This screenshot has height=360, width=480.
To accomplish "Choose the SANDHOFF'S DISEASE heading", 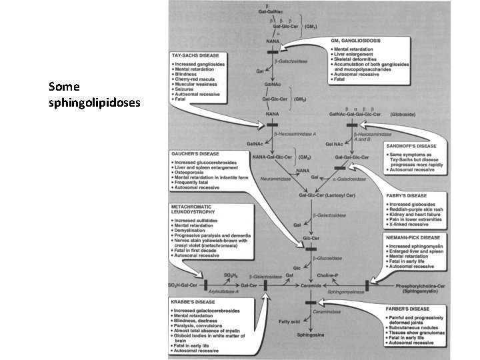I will tap(412, 145).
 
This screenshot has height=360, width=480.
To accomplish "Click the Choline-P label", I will tap(345, 275).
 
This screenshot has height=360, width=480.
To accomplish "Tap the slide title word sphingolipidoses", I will tap(94, 103).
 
